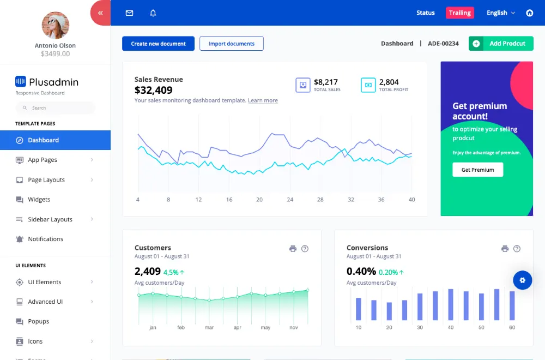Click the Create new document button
158,44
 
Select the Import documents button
232,44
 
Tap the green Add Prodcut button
501,44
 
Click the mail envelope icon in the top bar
129,13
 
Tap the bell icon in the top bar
153,13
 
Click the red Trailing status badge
459,13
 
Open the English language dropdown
500,13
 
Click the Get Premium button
477,170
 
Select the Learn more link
263,100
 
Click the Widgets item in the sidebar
39,199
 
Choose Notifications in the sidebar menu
46,239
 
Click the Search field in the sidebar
55,108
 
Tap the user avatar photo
55,26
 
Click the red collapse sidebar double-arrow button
101,13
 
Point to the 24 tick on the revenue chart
290,200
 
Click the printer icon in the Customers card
293,249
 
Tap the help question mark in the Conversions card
517,249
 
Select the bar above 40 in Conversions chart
451,305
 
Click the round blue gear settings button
523,280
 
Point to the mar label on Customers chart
209,327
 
